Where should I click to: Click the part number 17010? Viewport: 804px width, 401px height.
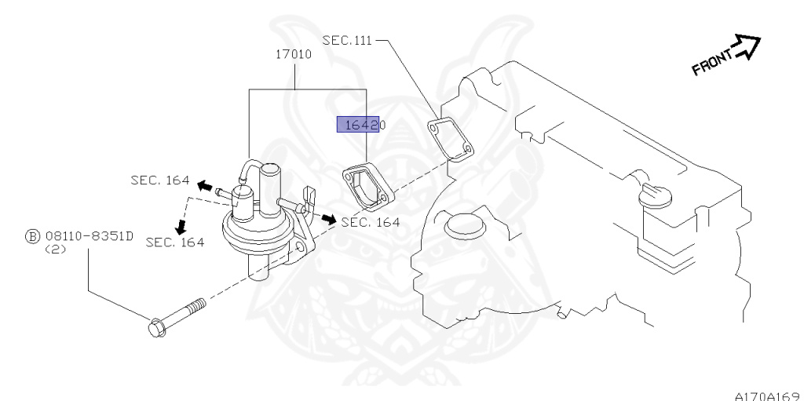tap(294, 56)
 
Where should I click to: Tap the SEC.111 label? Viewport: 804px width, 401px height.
tap(346, 40)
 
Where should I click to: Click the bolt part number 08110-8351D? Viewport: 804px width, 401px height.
tap(90, 235)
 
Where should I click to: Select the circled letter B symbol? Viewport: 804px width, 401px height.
tap(32, 235)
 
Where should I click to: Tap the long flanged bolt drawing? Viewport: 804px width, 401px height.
tap(176, 315)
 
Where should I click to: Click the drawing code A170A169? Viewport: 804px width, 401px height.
tap(767, 396)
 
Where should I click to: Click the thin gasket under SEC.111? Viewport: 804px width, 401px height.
tap(451, 140)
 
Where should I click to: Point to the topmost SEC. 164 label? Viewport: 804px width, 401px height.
tap(159, 180)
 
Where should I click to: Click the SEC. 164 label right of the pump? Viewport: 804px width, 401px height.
tap(371, 222)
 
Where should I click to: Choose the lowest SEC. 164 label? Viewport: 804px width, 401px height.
tap(175, 242)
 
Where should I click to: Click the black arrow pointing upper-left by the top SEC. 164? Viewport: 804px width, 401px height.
tap(204, 186)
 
